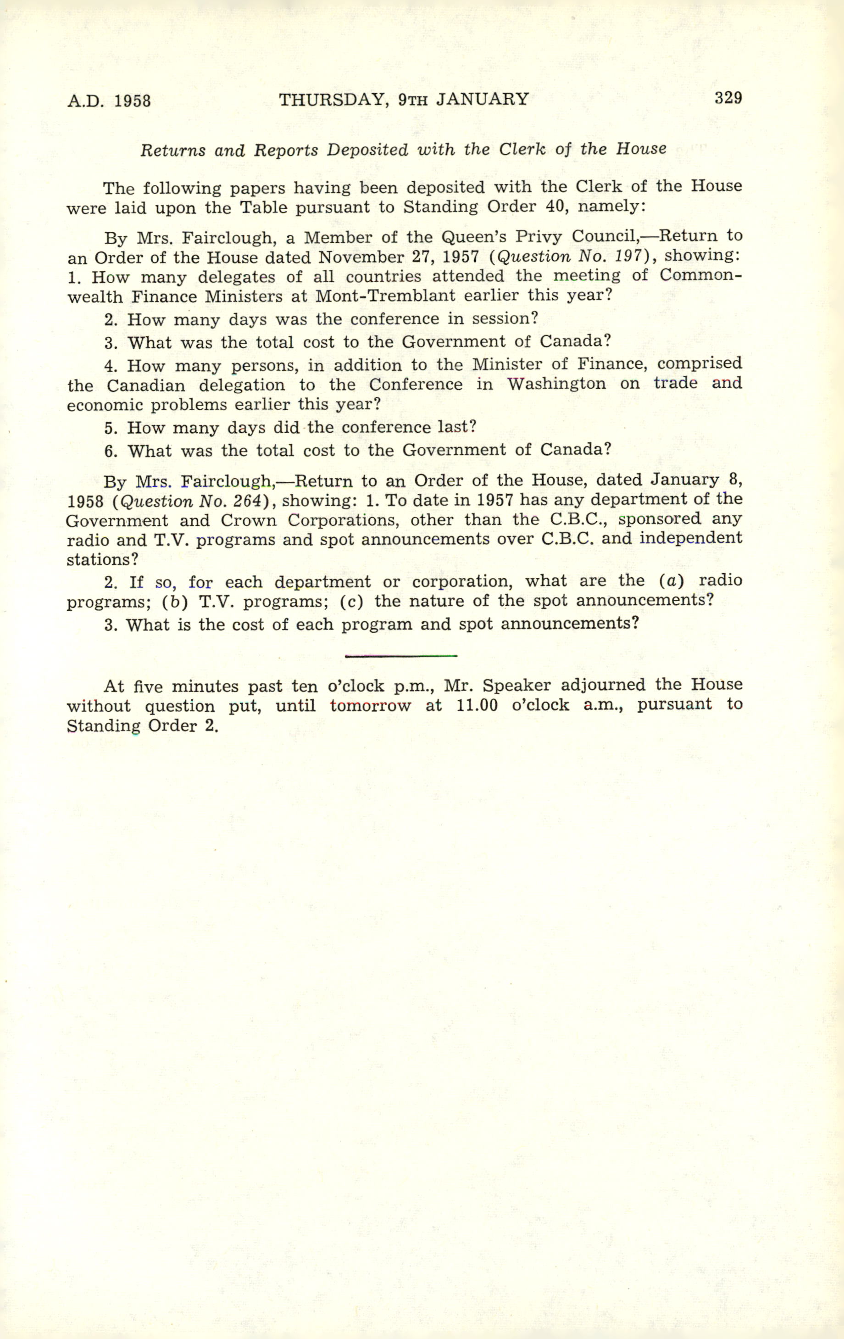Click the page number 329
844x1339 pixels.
pyautogui.click(x=728, y=98)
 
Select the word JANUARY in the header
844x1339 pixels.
pyautogui.click(x=482, y=99)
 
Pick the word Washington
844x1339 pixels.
pyautogui.click(x=556, y=384)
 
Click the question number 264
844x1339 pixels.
pyautogui.click(x=245, y=501)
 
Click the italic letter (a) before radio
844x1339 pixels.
pyautogui.click(x=671, y=580)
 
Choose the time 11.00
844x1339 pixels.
pyautogui.click(x=477, y=705)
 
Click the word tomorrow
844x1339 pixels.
pyautogui.click(x=370, y=706)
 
